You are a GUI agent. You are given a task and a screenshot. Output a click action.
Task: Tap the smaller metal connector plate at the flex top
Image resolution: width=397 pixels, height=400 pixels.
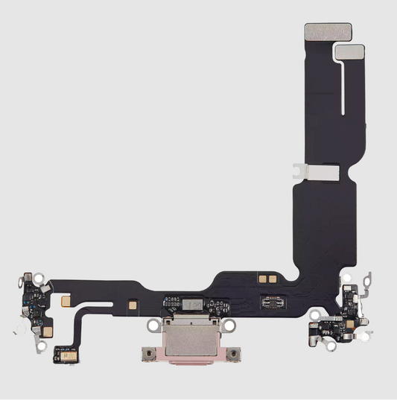point(349,51)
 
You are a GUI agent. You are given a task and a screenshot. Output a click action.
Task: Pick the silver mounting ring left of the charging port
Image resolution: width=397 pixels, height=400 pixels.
point(155,325)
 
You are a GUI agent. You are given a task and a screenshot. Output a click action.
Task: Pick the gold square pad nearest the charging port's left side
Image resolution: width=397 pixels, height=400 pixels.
point(133,305)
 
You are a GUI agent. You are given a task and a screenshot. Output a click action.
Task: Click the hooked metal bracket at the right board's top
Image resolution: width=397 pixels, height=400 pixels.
point(364,282)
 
